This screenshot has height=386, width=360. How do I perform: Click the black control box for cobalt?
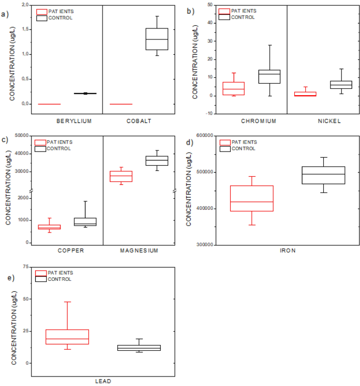157,39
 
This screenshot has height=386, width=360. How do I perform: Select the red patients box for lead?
67,337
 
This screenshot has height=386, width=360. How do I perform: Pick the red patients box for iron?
252,198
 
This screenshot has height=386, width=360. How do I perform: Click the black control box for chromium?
269,76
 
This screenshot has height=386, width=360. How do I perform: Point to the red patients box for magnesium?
121,176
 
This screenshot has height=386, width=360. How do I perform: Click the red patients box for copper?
49,227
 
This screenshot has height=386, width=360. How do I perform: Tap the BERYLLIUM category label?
74,121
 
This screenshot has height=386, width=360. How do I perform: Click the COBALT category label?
139,121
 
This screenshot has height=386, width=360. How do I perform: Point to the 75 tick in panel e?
25,267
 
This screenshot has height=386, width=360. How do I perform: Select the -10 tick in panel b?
208,114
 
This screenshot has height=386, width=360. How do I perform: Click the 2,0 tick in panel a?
24,5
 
